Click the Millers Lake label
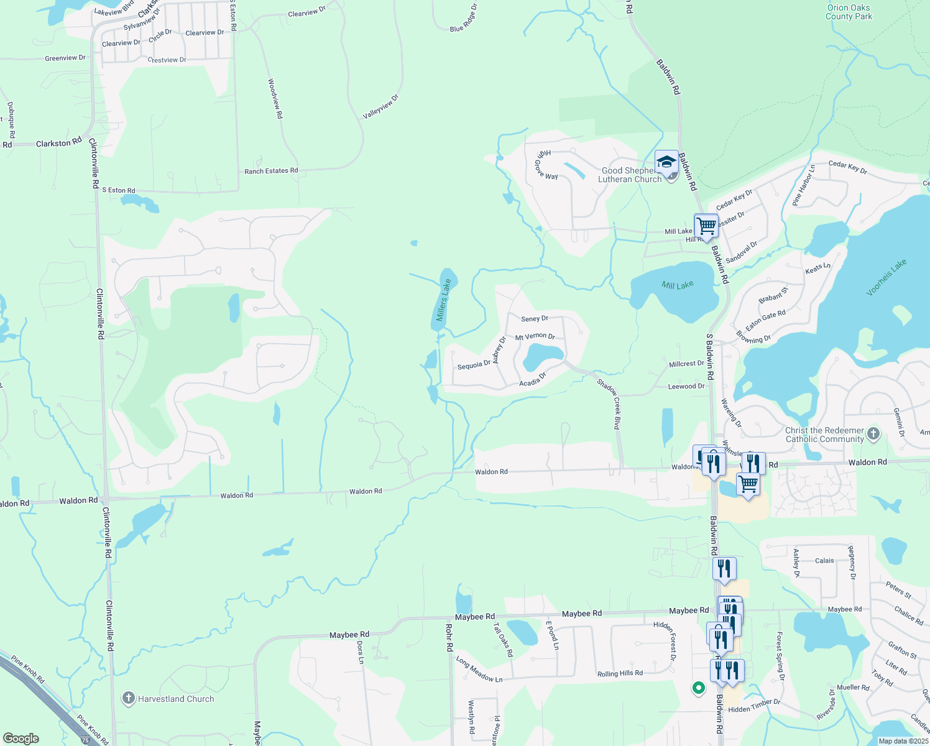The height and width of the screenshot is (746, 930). (x=443, y=300)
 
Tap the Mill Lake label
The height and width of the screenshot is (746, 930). (x=677, y=285)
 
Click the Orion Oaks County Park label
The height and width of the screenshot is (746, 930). (x=849, y=12)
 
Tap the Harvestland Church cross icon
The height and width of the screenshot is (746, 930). (x=129, y=698)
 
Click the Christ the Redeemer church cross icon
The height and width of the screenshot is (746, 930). (x=873, y=433)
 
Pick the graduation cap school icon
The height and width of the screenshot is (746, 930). (x=666, y=162)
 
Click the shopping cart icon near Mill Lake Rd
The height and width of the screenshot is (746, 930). (x=706, y=225)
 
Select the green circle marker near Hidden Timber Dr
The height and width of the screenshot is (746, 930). (x=698, y=688)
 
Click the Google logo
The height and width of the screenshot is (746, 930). (x=21, y=739)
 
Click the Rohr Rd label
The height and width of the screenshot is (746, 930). (x=449, y=638)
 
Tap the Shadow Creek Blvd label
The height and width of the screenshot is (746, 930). (x=609, y=403)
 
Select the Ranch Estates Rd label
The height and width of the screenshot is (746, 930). (x=271, y=171)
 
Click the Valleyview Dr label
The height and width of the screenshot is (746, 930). (x=380, y=107)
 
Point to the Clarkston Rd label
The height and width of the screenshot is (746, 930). (x=58, y=143)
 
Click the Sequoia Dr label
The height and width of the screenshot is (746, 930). (x=474, y=366)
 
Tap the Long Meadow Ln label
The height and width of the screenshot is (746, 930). (x=479, y=670)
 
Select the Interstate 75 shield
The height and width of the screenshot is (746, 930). (x=85, y=740)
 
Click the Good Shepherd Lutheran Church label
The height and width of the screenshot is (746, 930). (x=629, y=175)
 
